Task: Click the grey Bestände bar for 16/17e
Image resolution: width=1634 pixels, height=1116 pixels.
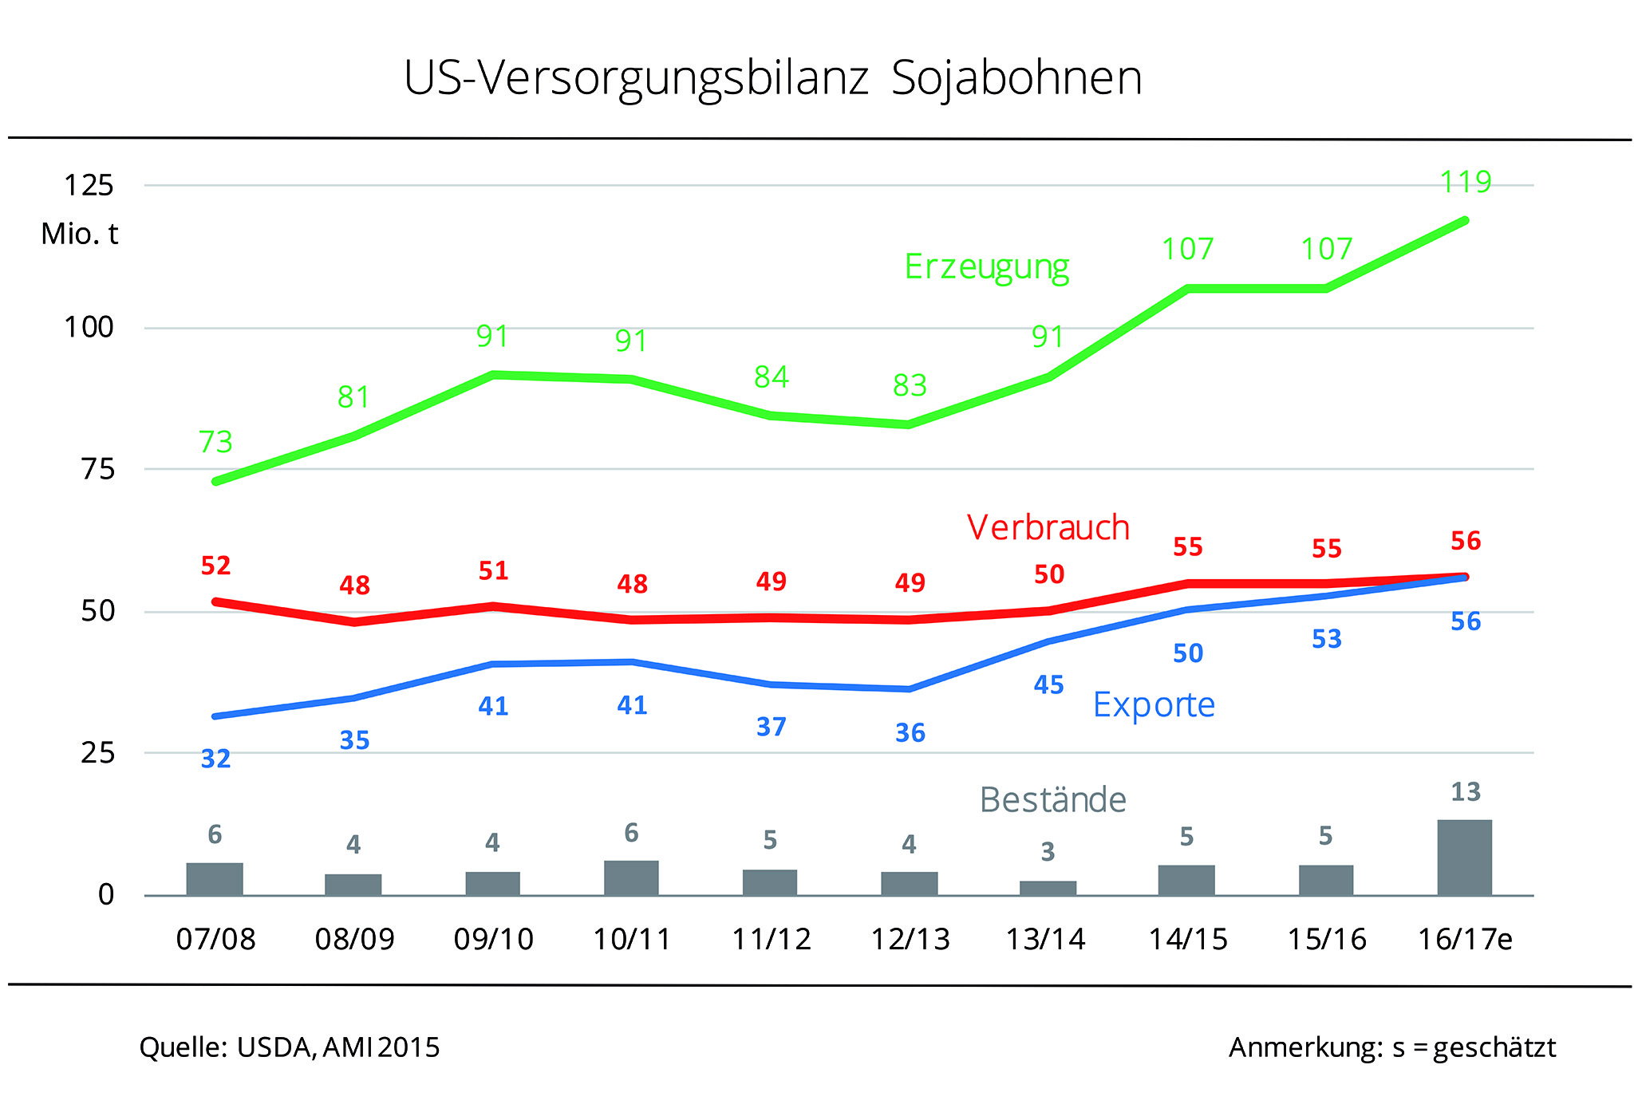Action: coord(1464,857)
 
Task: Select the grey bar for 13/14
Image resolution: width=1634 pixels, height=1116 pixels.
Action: coord(1048,888)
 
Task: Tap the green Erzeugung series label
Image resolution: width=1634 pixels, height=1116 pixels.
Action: coord(987,267)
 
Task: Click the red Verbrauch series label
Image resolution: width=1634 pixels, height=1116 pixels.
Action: coord(1048,528)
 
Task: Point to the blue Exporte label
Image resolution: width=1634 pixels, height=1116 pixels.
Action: coord(1154,705)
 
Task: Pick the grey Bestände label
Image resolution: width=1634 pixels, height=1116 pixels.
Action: coord(1053,800)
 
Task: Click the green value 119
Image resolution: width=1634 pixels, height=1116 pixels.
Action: coord(1466,183)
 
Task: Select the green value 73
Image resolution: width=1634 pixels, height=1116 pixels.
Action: coord(215,442)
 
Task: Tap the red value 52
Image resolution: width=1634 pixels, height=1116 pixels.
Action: coord(215,566)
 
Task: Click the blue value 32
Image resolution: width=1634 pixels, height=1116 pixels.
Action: coord(215,759)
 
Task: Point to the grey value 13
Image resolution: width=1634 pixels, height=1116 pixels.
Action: coord(1465,792)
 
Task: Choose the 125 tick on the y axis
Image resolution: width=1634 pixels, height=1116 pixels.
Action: coord(89,186)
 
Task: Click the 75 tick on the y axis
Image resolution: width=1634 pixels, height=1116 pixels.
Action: coord(98,470)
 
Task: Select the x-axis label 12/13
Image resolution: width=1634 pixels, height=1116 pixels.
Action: coord(910,940)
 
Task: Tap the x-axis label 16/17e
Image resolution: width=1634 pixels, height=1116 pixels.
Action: coord(1465,940)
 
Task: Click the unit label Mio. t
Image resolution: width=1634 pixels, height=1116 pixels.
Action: coord(80,235)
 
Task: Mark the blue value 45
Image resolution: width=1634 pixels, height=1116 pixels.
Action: coord(1048,685)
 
